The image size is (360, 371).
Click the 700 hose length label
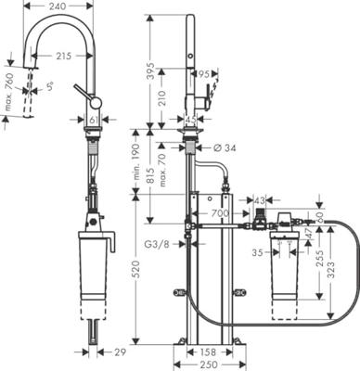click(220, 213)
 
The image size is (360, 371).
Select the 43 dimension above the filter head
click(260, 200)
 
